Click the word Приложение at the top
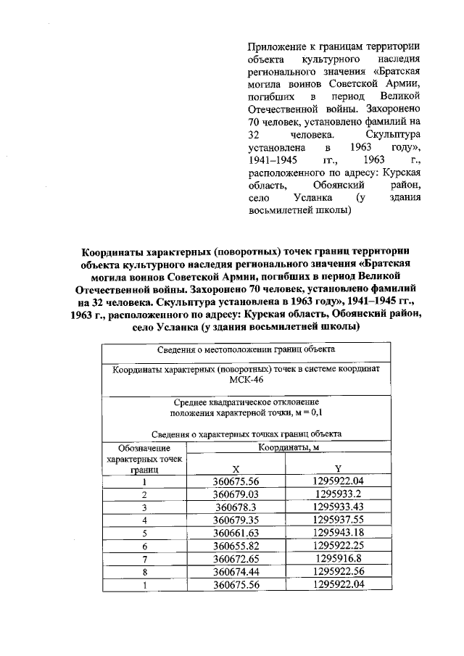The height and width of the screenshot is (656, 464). pos(275,46)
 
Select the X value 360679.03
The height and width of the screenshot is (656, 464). pos(236,494)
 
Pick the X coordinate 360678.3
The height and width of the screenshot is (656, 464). pos(236,507)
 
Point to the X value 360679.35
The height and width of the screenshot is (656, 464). pos(236,520)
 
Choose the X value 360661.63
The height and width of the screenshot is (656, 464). pos(236,533)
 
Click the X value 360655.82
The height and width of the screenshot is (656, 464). pos(236,546)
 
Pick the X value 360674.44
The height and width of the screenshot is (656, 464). pos(236,572)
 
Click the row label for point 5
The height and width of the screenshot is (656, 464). pos(144,533)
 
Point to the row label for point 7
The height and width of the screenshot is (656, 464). pos(144,559)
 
